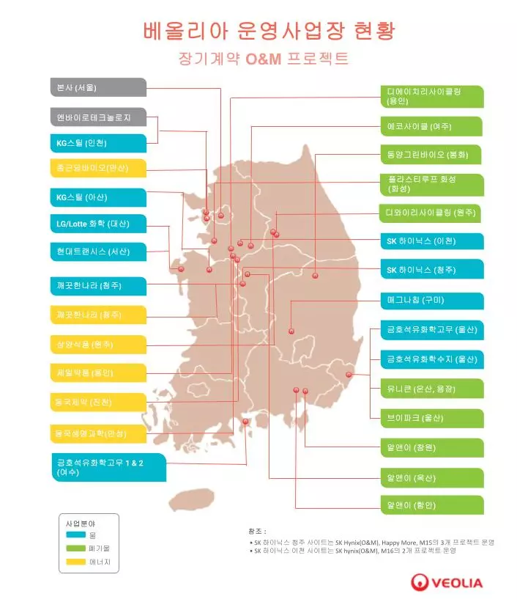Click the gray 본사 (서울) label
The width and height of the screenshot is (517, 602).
[97, 88]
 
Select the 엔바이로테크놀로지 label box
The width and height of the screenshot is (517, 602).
[97, 117]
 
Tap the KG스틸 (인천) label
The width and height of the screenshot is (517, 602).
[97, 143]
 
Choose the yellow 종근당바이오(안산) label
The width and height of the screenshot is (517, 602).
[97, 168]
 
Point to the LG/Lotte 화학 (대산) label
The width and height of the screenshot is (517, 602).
[97, 223]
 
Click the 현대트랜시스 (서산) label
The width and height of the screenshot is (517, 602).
[97, 252]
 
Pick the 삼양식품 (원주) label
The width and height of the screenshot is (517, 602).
[97, 344]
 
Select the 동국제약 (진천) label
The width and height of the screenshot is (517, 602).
[97, 402]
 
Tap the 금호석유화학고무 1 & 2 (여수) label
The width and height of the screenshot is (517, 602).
[106, 467]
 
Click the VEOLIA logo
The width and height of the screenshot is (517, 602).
[447, 583]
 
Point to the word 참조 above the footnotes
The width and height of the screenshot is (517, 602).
[257, 529]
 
